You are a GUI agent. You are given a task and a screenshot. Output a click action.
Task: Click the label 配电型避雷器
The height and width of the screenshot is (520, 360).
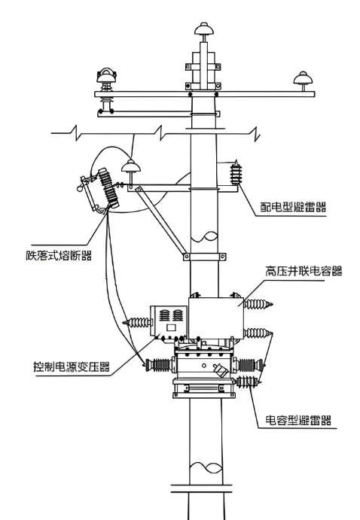[x=293, y=207]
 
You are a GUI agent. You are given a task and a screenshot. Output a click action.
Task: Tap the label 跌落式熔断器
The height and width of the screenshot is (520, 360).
[x=59, y=255]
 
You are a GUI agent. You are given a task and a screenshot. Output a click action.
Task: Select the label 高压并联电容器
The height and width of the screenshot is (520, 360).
[x=304, y=271]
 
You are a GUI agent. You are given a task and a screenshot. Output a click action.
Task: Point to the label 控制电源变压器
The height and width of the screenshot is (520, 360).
[x=72, y=366]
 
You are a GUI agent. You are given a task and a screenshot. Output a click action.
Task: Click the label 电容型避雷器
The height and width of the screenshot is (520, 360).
[x=298, y=420]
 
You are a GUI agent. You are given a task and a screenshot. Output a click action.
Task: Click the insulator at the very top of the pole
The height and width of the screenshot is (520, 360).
[x=204, y=29]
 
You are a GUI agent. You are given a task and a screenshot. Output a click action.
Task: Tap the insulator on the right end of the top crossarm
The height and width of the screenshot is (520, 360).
[x=304, y=81]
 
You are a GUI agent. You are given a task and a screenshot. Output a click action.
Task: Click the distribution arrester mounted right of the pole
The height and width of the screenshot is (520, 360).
[x=236, y=172]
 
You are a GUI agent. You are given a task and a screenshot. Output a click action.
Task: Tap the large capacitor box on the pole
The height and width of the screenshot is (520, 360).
[x=216, y=318]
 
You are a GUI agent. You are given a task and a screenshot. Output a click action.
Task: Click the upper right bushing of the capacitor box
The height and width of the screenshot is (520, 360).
[x=258, y=304]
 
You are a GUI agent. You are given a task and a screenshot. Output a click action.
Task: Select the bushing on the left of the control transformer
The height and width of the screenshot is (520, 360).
[x=137, y=322]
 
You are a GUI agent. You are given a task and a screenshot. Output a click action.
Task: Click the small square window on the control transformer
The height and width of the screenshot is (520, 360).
[x=171, y=327]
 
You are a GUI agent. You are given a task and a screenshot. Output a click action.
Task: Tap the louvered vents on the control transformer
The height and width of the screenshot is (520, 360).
[x=172, y=315]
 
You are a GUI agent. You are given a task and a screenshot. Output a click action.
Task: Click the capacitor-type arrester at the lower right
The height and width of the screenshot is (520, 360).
[x=249, y=382]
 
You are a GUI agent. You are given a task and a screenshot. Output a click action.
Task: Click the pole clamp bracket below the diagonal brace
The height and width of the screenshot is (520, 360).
[x=205, y=257]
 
